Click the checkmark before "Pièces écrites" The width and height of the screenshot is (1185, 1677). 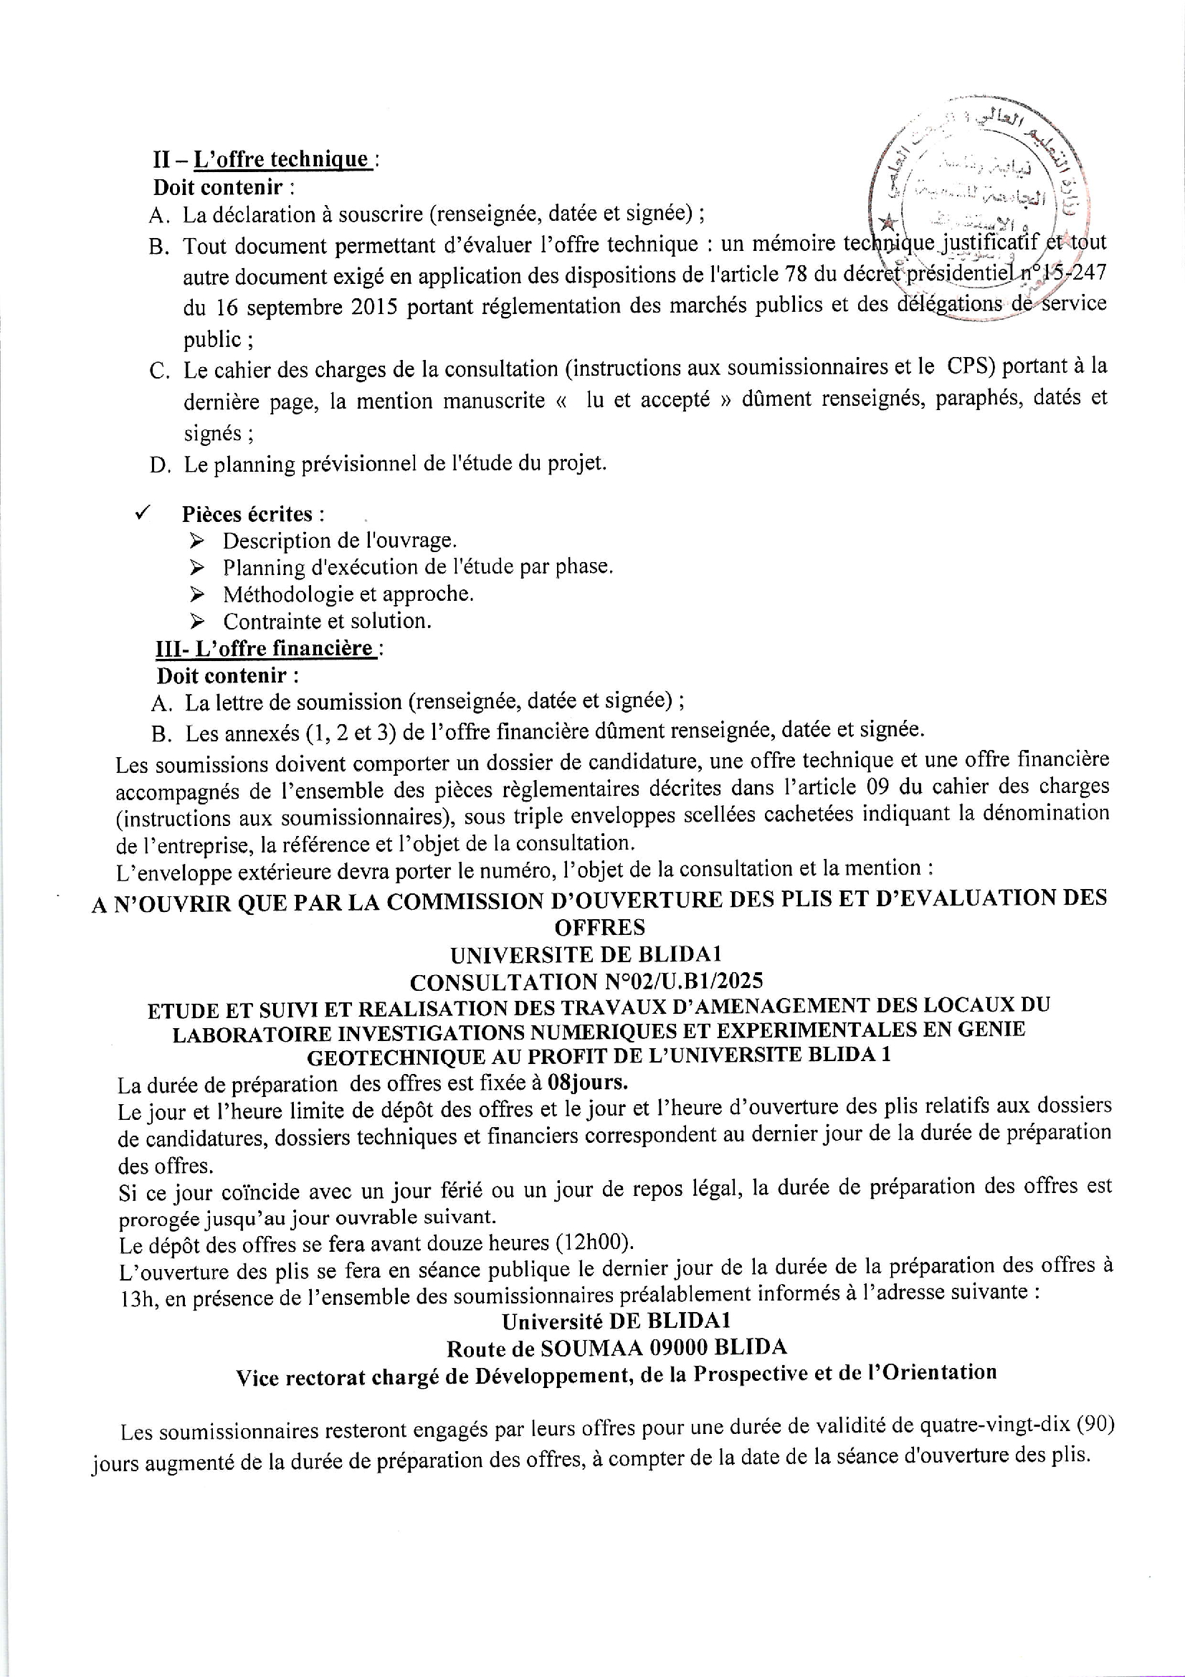point(143,513)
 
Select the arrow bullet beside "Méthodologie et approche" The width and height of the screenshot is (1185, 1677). point(196,594)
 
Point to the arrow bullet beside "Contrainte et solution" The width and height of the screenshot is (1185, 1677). point(196,622)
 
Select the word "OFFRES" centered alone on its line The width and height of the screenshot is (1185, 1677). point(599,927)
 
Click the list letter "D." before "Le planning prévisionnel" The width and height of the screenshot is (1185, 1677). point(159,465)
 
